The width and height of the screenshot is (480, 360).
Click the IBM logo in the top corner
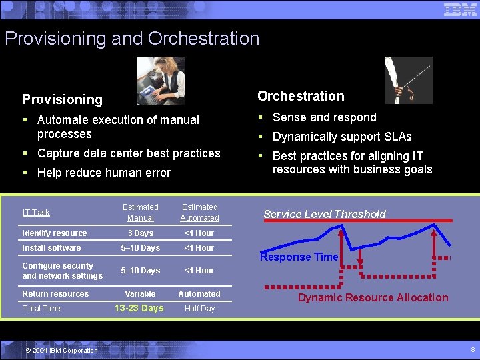point(460,9)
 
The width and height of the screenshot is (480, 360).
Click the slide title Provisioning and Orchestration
point(132,39)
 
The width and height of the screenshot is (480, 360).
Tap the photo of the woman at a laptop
point(160,81)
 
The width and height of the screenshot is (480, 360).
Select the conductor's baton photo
point(409,80)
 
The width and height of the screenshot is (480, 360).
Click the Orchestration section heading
point(301,96)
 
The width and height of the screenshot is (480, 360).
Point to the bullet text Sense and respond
point(325,117)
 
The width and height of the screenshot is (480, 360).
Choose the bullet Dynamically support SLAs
point(342,137)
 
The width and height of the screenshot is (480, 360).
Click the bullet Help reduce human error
point(104,173)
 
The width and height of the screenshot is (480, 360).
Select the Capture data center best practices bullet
point(129,153)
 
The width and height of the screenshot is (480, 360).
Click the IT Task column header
point(36,213)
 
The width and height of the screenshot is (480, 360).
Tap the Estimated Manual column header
point(141,213)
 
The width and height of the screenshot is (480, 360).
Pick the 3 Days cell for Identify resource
point(141,233)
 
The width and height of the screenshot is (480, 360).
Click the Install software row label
point(51,248)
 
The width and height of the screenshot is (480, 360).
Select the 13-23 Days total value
point(139,308)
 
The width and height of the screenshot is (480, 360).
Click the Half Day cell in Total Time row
point(199,309)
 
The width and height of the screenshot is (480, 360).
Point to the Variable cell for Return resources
point(140,294)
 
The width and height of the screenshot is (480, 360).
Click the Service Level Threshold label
point(324,214)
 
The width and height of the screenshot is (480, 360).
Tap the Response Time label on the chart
point(299,257)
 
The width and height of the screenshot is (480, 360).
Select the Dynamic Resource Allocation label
point(373,297)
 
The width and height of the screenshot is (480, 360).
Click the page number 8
point(473,349)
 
